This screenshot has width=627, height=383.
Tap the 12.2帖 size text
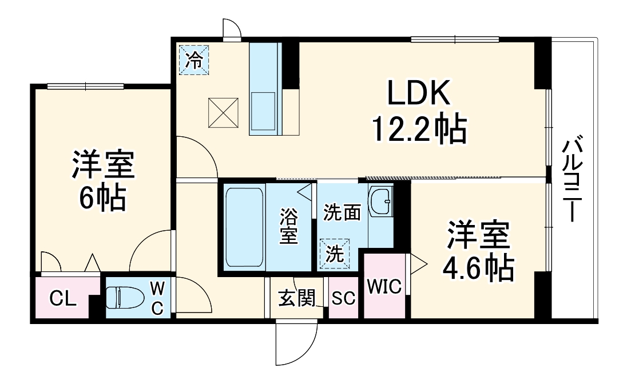click(419, 129)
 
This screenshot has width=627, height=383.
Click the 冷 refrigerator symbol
click(195, 60)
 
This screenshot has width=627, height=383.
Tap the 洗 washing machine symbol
click(332, 253)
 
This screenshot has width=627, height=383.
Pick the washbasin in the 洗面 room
click(380, 201)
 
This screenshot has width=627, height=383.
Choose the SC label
click(343, 298)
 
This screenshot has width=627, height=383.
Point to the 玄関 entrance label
click(296, 298)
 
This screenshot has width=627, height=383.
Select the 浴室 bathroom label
click(289, 226)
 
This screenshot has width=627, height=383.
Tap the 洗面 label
click(342, 213)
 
